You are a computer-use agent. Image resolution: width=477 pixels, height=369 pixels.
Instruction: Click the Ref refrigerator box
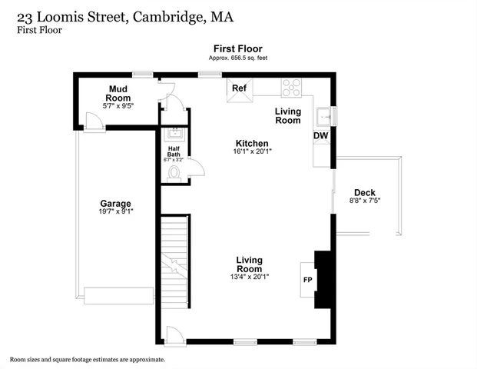tap(239, 88)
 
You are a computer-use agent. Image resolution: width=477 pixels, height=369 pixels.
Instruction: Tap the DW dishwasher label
tap(320, 136)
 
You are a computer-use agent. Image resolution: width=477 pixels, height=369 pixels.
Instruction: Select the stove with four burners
tap(292, 88)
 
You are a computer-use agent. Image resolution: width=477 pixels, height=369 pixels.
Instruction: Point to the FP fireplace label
tap(308, 279)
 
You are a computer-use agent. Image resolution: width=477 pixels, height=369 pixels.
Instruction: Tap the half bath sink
tap(174, 132)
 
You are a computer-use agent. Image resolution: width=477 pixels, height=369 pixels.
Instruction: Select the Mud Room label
tap(118, 93)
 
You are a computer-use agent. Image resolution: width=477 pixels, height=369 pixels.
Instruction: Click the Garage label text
tap(114, 204)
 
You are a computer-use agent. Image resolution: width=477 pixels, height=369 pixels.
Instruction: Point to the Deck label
tap(363, 192)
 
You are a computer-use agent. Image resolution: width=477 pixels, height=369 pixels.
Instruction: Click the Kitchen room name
tap(251, 144)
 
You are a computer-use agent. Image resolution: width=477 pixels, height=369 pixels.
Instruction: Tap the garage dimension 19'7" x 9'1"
tap(115, 211)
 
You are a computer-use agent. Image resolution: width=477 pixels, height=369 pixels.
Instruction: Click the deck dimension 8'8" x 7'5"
tap(364, 201)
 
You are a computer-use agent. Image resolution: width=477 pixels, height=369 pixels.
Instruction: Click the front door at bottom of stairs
tap(174, 335)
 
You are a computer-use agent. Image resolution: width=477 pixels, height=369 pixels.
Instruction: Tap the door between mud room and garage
tap(95, 126)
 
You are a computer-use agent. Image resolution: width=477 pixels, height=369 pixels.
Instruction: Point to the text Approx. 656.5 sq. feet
tap(237, 58)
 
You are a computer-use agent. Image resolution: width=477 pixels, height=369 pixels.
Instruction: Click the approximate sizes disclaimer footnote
tap(88, 359)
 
